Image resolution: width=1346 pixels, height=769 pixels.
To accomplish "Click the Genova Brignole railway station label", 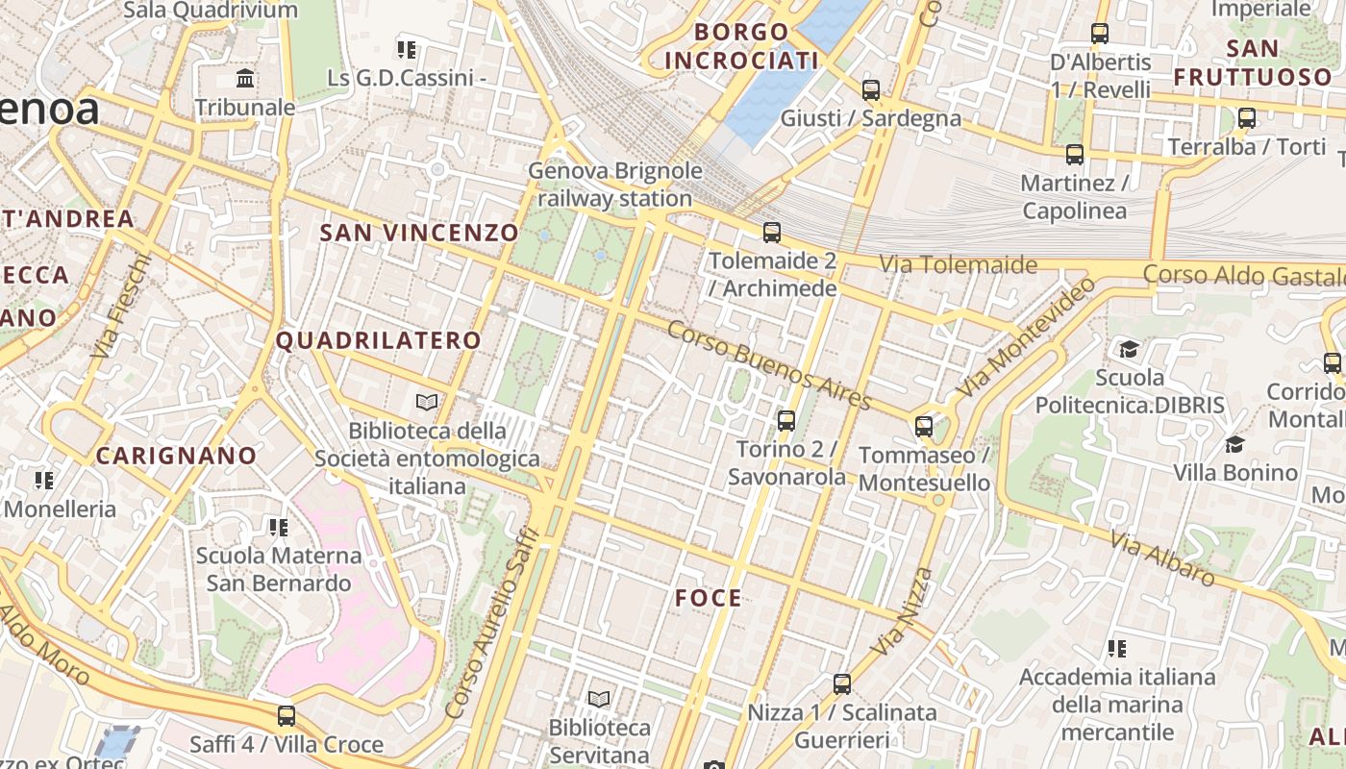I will click(x=615, y=185).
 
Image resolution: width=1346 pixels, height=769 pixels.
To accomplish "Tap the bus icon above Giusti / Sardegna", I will click(x=871, y=90).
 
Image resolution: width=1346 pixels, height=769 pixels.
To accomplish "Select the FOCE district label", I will click(x=709, y=598).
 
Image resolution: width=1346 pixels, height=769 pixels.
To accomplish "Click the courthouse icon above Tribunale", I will click(x=245, y=78).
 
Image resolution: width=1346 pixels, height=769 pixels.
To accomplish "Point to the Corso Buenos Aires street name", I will click(x=769, y=365).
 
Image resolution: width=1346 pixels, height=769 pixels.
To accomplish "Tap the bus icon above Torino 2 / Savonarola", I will click(x=786, y=420).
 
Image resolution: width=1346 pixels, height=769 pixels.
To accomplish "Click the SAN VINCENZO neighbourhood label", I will click(x=419, y=233).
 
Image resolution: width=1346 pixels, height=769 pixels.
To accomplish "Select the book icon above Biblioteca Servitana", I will click(x=599, y=699).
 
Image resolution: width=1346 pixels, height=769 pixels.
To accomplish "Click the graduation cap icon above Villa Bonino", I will click(x=1235, y=444).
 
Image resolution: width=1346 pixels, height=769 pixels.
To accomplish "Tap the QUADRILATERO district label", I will click(x=379, y=340).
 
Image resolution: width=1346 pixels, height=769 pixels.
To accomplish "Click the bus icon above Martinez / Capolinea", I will click(x=1075, y=154).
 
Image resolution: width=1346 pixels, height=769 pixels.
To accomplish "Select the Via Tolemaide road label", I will click(x=959, y=264).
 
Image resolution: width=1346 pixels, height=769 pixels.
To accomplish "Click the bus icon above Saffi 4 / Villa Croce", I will click(x=287, y=715).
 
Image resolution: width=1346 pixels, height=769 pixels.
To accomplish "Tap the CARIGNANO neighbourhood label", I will click(x=177, y=456).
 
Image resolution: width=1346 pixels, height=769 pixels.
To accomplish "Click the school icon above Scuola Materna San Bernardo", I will click(x=279, y=527).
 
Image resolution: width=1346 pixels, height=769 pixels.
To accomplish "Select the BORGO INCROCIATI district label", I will click(x=741, y=46).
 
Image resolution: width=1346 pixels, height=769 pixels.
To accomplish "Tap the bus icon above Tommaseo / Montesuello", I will click(x=924, y=426).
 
